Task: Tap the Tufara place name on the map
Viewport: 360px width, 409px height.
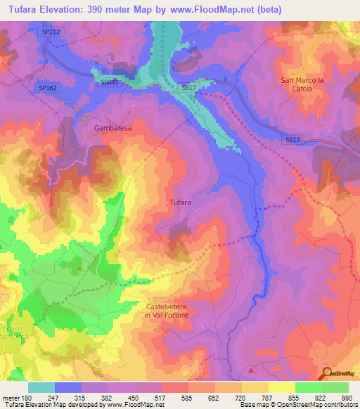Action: pyautogui.click(x=181, y=203)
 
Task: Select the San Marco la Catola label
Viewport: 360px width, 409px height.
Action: pyautogui.click(x=306, y=84)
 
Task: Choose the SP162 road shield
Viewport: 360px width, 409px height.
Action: pyautogui.click(x=47, y=87)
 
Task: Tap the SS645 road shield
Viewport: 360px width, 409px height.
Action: pyautogui.click(x=110, y=82)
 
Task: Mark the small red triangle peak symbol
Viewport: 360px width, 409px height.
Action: pyautogui.click(x=251, y=368)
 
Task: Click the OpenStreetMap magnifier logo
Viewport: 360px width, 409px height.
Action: pyautogui.click(x=326, y=372)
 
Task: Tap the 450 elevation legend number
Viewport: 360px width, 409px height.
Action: pyautogui.click(x=135, y=398)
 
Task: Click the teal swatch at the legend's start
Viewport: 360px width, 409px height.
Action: pyautogui.click(x=41, y=387)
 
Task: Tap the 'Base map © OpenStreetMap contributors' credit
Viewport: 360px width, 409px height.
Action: pyautogui.click(x=297, y=405)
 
